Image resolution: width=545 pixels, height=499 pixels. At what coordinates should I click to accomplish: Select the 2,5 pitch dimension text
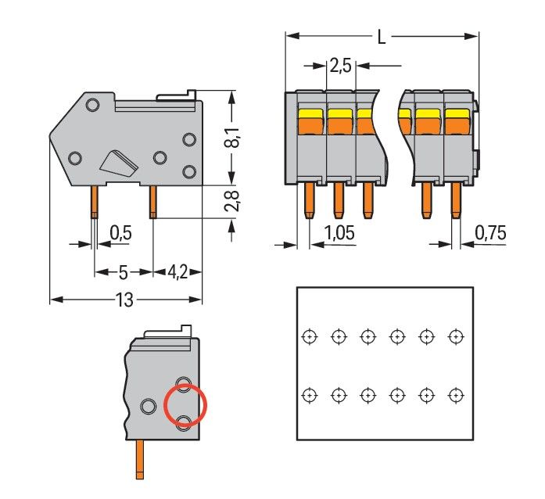coord(339,66)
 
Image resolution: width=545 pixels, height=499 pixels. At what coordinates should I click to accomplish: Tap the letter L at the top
coord(381,36)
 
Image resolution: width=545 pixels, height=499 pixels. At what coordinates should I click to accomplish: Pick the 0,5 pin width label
coord(120,232)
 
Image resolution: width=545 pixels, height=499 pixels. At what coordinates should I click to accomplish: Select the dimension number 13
coord(124,300)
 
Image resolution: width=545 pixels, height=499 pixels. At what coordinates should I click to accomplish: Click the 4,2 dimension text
coord(178,272)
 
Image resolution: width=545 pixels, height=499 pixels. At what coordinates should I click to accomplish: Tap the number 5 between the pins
coord(123,272)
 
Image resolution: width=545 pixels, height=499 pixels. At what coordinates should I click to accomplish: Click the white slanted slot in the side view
coord(120,161)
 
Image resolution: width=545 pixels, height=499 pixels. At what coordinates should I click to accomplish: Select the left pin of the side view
coord(93,202)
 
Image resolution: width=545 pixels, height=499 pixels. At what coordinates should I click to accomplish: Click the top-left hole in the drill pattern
coord(310,336)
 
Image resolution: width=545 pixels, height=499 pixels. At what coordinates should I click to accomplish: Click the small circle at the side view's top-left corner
coord(92,105)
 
